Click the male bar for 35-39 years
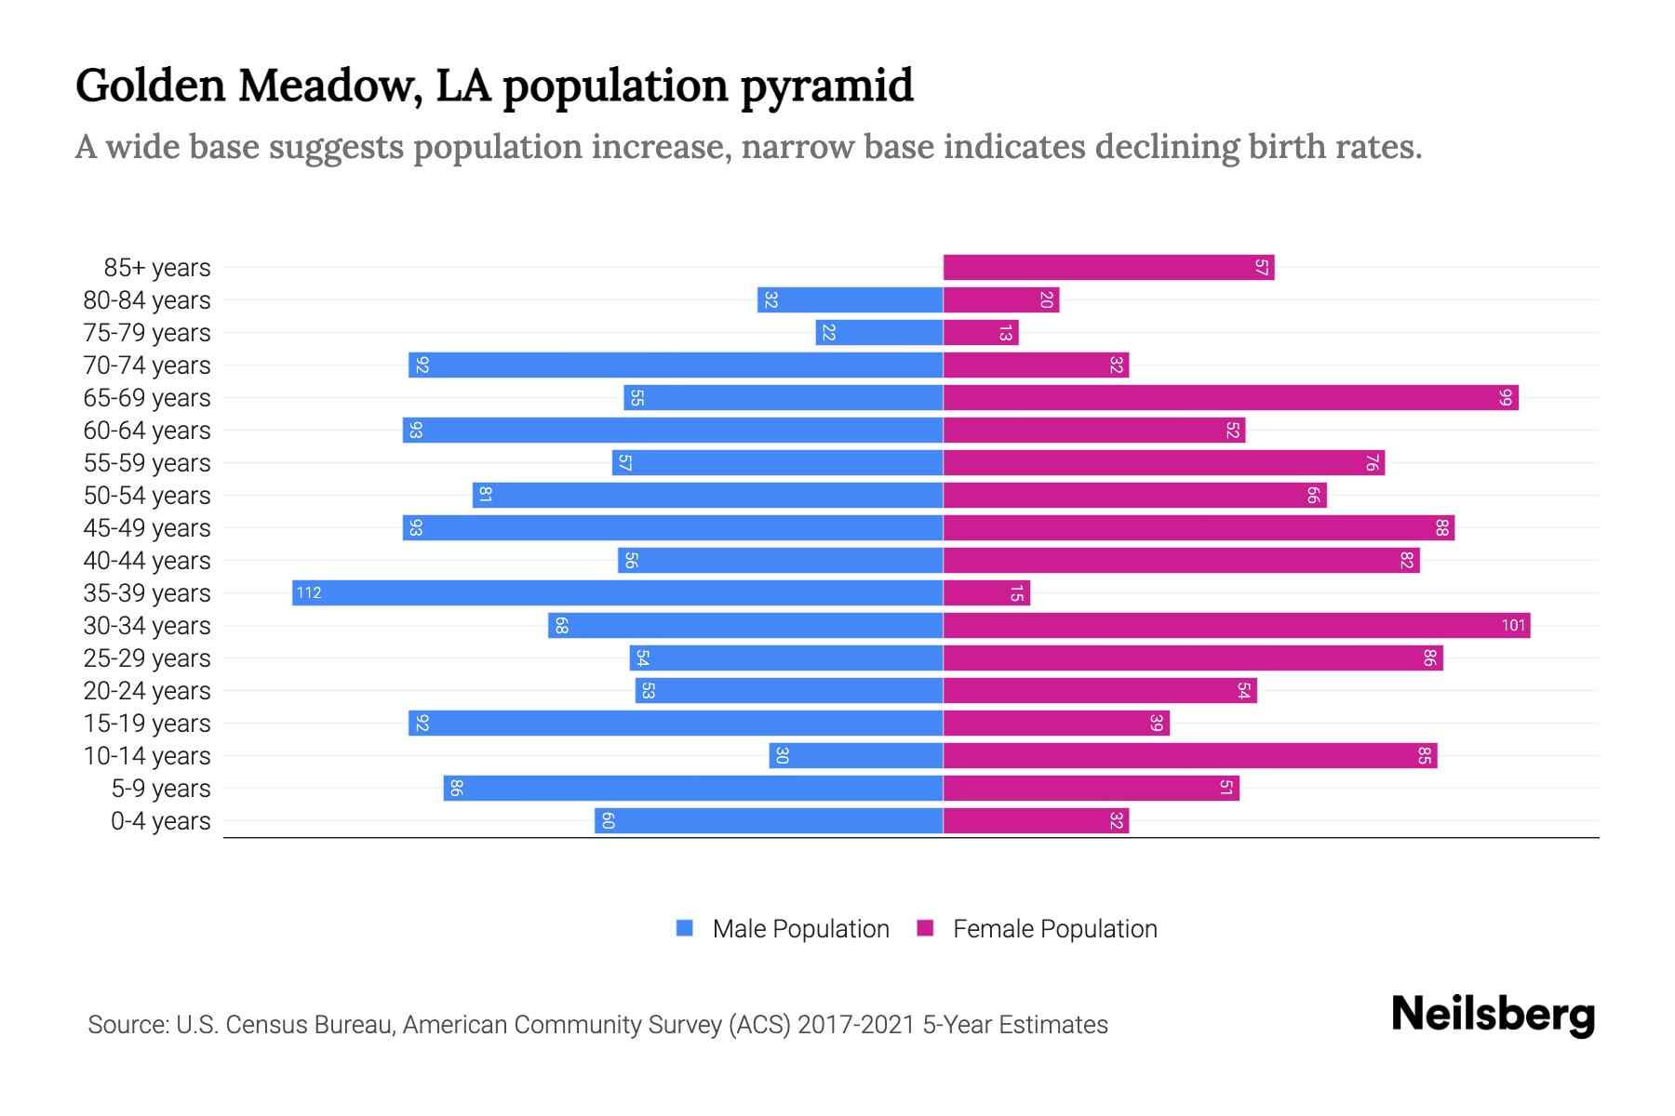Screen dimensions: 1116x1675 618,593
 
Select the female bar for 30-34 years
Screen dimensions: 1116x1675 1237,626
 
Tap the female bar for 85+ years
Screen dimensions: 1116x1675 1108,268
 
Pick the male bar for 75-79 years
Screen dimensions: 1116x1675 879,333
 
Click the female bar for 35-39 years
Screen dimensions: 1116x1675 986,593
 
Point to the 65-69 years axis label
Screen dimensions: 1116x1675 147,398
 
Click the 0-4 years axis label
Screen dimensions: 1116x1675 160,821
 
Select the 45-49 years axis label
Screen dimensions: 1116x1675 147,528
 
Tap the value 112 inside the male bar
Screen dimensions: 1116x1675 309,593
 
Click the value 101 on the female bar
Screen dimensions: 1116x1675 1513,626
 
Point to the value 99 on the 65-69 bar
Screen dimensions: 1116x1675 1506,398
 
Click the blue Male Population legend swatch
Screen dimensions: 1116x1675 685,928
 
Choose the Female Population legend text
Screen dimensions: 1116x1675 1054,929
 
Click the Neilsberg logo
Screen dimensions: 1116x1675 1493,1015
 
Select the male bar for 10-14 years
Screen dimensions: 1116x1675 856,756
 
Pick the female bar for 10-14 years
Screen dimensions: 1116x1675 1190,756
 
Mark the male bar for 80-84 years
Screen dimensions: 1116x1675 850,300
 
